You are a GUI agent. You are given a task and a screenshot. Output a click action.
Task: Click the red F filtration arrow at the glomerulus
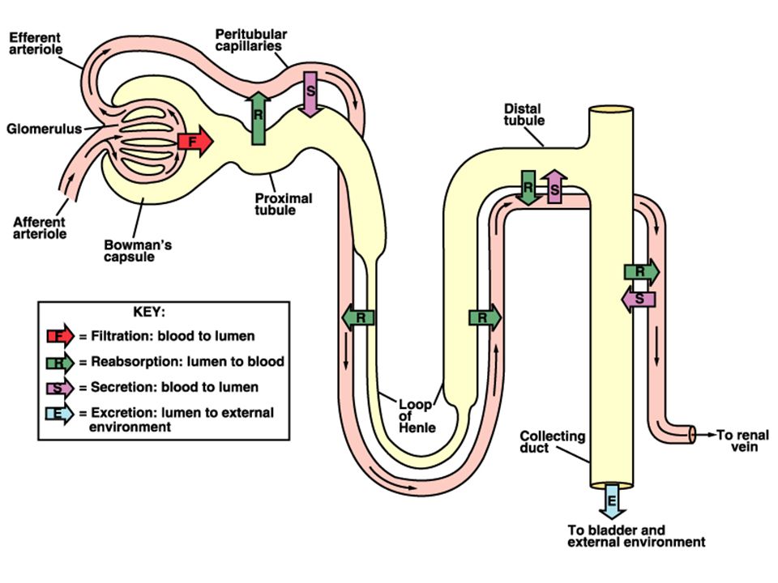[x=195, y=142]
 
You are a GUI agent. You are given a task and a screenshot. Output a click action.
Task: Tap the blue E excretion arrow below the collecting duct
[x=612, y=501]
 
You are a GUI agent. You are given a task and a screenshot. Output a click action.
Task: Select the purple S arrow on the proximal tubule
[x=310, y=94]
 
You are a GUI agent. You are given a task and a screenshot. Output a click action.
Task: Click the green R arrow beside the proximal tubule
[x=258, y=118]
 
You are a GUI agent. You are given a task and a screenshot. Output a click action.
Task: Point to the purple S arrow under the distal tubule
[x=554, y=186]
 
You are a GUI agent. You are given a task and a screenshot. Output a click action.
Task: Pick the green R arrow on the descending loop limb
[x=358, y=317]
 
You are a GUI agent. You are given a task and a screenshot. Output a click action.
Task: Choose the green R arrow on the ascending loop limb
[x=485, y=317]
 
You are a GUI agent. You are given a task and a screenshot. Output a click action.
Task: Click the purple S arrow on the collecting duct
[x=639, y=299]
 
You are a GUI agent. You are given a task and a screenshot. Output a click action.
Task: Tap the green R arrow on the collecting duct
[x=642, y=272]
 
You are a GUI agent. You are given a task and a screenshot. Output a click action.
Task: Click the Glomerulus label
[x=44, y=130]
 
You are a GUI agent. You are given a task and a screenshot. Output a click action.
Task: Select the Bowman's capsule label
[x=138, y=251]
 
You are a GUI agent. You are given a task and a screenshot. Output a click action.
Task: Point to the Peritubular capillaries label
[x=250, y=40]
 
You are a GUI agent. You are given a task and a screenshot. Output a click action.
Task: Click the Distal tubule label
[x=524, y=114]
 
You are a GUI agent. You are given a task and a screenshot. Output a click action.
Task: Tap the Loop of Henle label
[x=417, y=416]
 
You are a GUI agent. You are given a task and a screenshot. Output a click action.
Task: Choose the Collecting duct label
[x=552, y=442]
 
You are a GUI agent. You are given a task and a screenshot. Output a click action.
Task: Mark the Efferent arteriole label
[x=36, y=44]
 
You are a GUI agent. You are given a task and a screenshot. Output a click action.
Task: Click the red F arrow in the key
[x=60, y=336]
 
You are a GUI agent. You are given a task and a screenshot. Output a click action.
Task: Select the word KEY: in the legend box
[x=149, y=312]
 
